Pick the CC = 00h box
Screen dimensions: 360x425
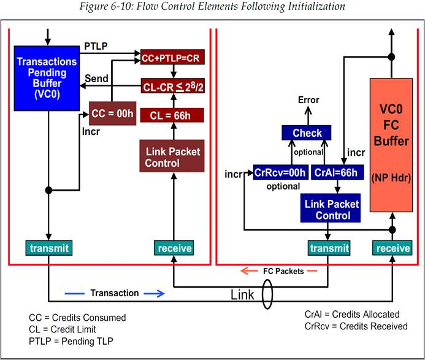point(112,113)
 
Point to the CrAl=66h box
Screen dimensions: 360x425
point(331,172)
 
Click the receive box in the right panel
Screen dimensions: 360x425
point(392,248)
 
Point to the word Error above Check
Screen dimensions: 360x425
point(308,99)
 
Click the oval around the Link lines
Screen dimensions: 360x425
point(267,295)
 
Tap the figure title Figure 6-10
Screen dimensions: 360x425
point(213,7)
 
